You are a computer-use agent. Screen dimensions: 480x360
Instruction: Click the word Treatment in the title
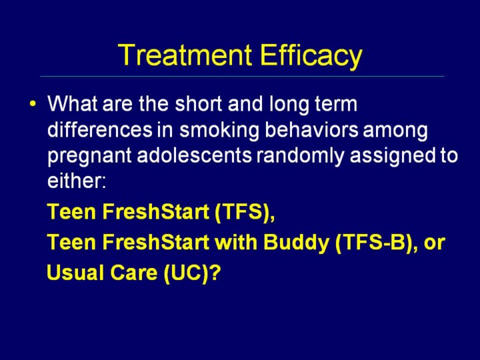185,55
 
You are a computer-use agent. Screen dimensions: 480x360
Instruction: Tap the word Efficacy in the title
311,57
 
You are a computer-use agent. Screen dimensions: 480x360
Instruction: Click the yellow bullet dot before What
33,103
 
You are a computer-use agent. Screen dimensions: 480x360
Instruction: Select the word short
199,104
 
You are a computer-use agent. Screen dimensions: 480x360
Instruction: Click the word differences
100,129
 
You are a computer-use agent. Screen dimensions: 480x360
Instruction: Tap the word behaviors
311,129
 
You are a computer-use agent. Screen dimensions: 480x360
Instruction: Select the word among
395,131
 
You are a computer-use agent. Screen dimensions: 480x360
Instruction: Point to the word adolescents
195,155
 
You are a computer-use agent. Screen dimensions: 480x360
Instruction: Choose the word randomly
301,156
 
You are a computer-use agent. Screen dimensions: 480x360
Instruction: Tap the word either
76,181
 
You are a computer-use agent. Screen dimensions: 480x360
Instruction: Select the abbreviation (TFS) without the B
245,212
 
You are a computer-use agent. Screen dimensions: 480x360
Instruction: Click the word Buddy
296,243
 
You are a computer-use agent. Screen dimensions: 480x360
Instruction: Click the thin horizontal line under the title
242,76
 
